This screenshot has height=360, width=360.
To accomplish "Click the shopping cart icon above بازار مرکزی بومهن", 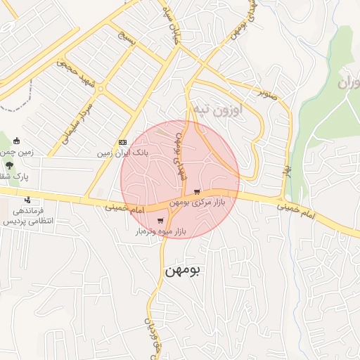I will (x=197, y=191).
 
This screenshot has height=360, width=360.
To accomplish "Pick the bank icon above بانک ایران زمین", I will (x=123, y=142).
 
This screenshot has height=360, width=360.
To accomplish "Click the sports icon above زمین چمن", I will (x=27, y=141).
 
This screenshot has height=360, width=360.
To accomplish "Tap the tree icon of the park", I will (x=9, y=166).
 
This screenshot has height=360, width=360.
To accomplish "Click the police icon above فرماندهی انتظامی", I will (x=27, y=200).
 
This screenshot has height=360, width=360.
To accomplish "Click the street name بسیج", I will (x=133, y=46).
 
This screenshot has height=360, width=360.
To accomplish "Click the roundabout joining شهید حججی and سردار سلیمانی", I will (x=101, y=89).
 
